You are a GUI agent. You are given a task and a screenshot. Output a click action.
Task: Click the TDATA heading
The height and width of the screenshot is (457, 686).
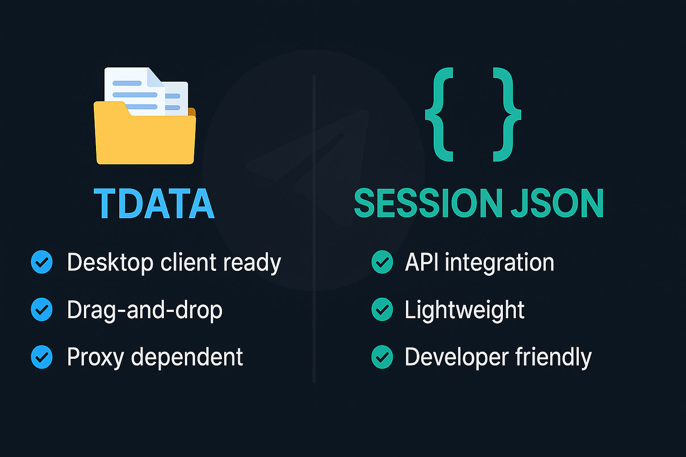[154, 204]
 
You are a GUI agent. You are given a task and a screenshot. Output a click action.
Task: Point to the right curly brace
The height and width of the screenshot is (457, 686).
[506, 115]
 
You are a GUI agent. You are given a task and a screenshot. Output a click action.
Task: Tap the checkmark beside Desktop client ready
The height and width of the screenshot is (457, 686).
[42, 262]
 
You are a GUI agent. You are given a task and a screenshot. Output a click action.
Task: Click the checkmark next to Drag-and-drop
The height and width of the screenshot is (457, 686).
[42, 310]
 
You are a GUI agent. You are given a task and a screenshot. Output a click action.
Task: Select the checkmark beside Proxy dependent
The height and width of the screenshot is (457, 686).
[42, 357]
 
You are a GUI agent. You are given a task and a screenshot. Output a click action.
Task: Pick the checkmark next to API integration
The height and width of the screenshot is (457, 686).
[382, 262]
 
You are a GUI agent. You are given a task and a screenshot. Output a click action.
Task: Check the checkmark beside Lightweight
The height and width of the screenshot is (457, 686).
[382, 310]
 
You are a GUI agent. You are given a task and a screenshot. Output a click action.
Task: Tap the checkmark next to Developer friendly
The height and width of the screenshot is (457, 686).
[382, 357]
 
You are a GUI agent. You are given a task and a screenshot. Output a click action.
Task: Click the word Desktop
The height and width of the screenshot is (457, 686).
[110, 262]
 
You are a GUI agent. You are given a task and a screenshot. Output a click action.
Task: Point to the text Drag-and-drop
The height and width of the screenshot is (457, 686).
[144, 310]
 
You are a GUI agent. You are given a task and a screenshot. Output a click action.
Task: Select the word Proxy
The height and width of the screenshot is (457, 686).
[95, 357]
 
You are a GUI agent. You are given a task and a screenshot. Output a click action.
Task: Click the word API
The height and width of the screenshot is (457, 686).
[421, 262]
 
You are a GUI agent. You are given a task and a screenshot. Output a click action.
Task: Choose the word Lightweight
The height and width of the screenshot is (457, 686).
[464, 310]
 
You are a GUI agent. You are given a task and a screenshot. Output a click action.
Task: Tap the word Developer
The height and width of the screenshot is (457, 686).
[456, 357]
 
